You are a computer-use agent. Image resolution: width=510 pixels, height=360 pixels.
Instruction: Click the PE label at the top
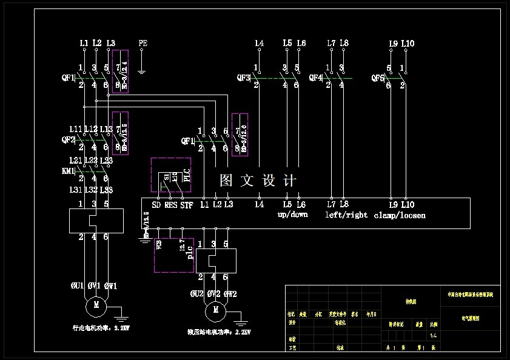[143, 44]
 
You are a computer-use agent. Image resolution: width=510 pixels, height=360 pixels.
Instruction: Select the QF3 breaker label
[243, 78]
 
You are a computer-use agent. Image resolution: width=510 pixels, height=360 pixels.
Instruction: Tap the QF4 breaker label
[315, 78]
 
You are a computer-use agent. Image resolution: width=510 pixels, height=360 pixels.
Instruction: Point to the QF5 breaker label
[378, 78]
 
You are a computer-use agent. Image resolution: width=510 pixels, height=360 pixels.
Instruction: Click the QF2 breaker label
[68, 139]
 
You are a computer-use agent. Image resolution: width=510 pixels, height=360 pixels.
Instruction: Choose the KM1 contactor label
[68, 171]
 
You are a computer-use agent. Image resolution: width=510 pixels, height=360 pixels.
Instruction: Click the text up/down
[293, 215]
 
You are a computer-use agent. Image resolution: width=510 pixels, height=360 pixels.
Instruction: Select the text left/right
[346, 215]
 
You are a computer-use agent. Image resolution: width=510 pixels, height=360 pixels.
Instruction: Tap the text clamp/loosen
[400, 215]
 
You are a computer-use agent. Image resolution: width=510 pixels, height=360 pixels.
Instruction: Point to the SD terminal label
[156, 205]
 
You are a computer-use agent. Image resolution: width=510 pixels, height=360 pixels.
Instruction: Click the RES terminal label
[171, 205]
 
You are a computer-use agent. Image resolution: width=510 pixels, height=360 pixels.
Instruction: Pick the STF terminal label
[187, 205]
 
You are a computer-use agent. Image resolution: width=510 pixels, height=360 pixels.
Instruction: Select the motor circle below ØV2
[214, 312]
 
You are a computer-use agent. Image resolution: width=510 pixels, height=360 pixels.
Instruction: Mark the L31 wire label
[75, 191]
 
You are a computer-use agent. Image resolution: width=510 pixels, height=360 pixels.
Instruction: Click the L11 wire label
[75, 129]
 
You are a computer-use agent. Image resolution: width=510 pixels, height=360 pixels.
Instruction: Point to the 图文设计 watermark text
[258, 181]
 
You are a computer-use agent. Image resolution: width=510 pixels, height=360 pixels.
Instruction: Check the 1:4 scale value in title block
[433, 335]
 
